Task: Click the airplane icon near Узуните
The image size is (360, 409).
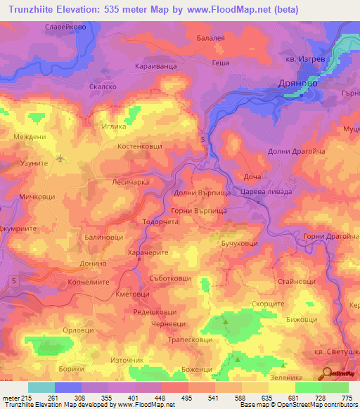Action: (59, 157)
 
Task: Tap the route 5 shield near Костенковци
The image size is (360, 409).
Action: (203, 140)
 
